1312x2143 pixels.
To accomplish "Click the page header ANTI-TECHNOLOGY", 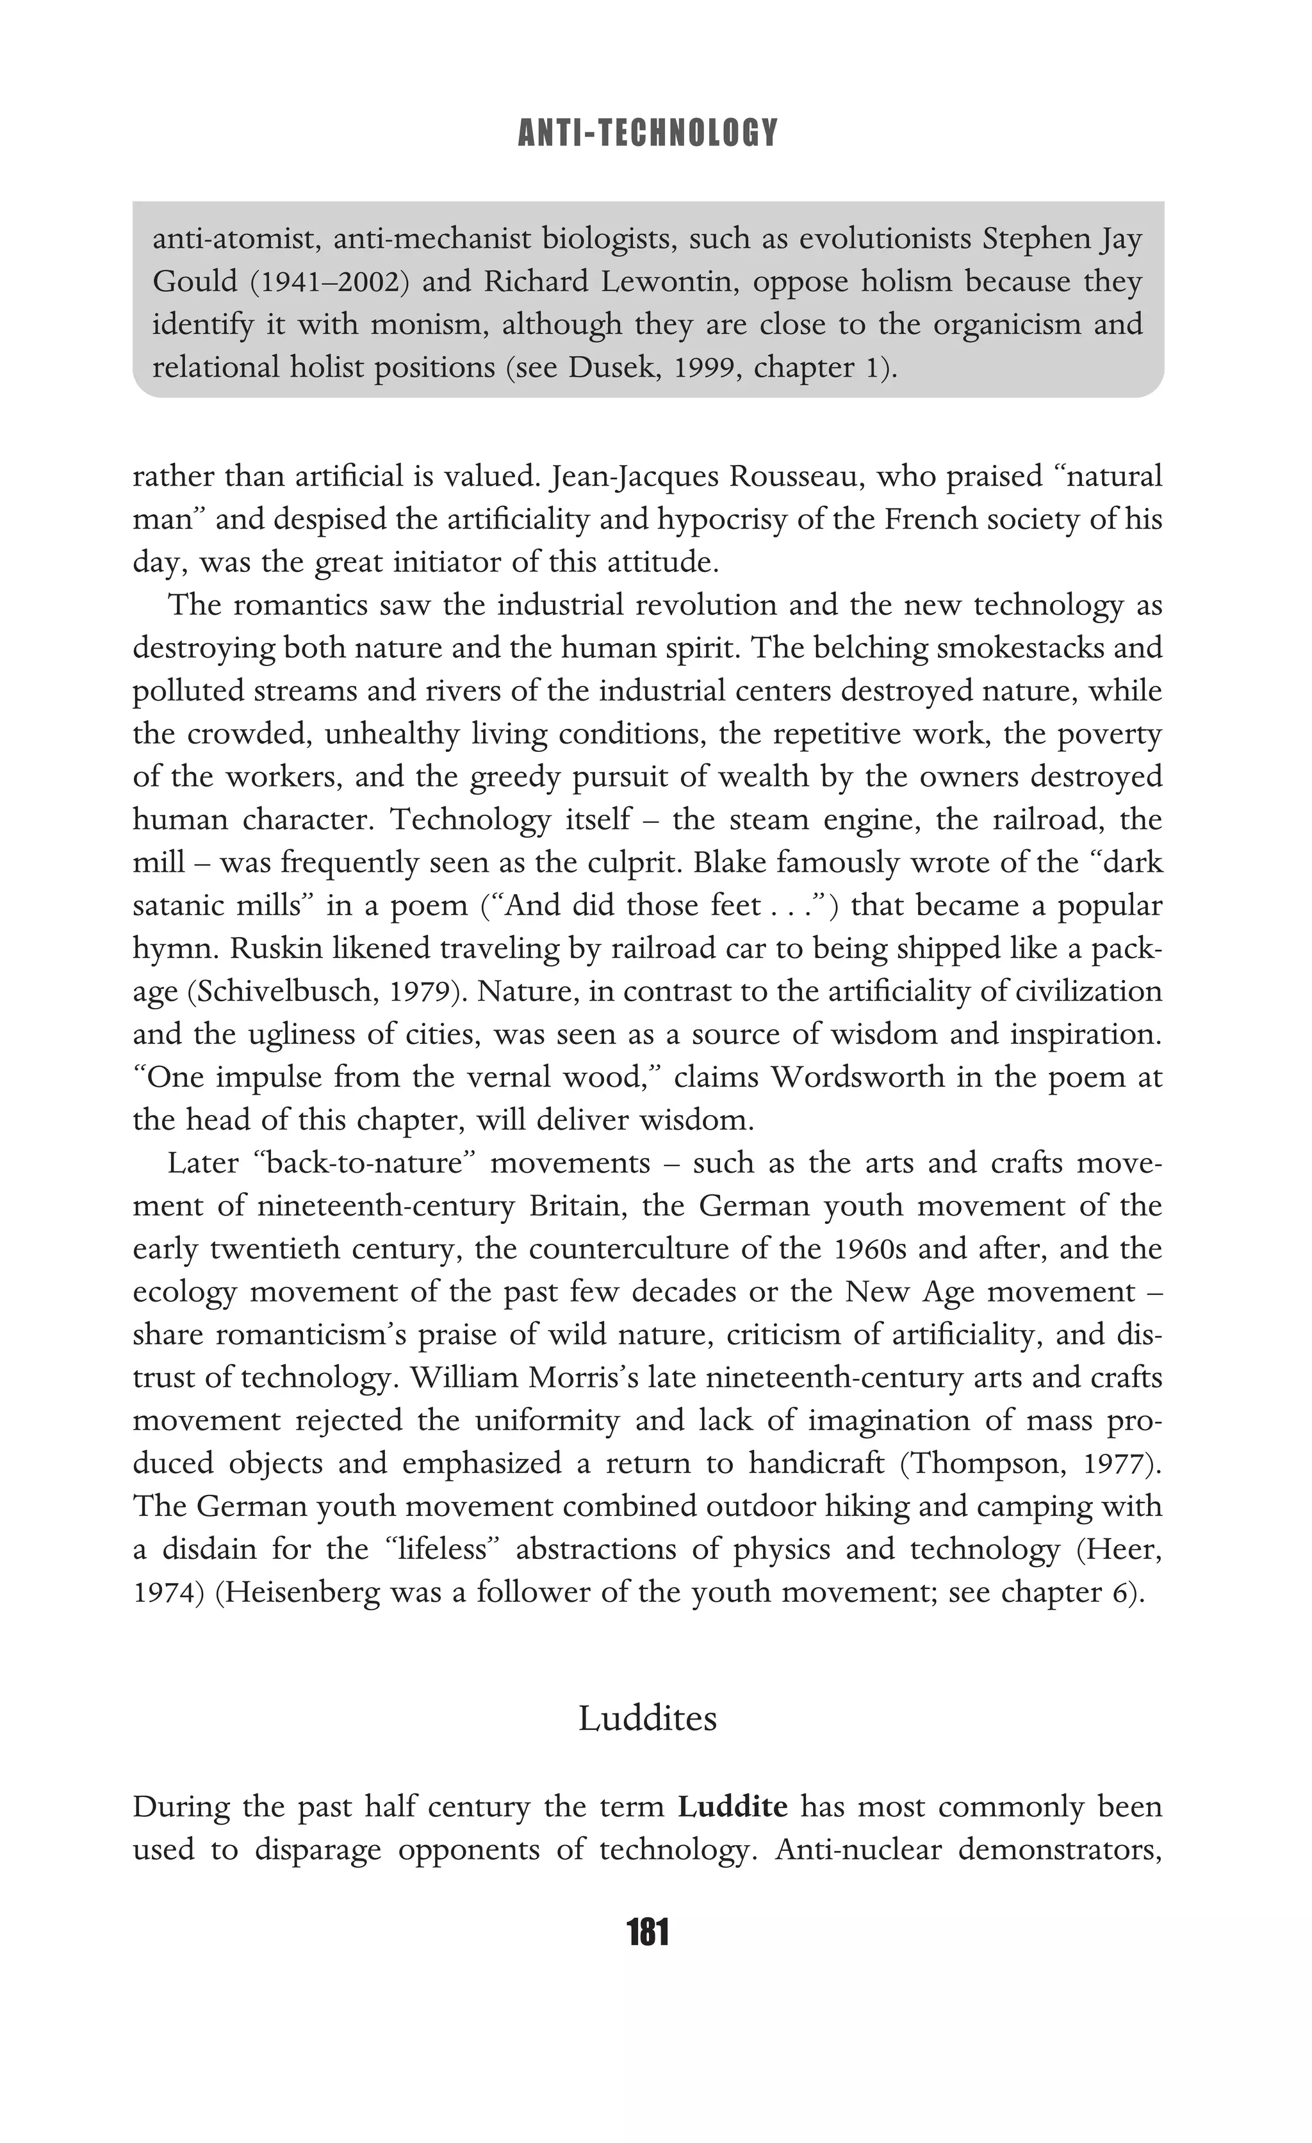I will click(x=647, y=133).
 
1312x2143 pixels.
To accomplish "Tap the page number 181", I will click(x=647, y=1932).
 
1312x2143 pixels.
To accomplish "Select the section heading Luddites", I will click(x=647, y=1718).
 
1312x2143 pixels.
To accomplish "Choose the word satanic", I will click(x=177, y=906).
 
